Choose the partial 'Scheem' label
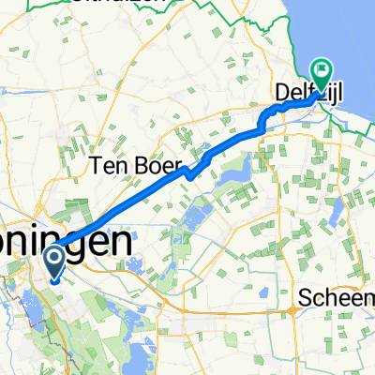click(x=336, y=298)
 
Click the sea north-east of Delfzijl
click(x=352, y=37)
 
